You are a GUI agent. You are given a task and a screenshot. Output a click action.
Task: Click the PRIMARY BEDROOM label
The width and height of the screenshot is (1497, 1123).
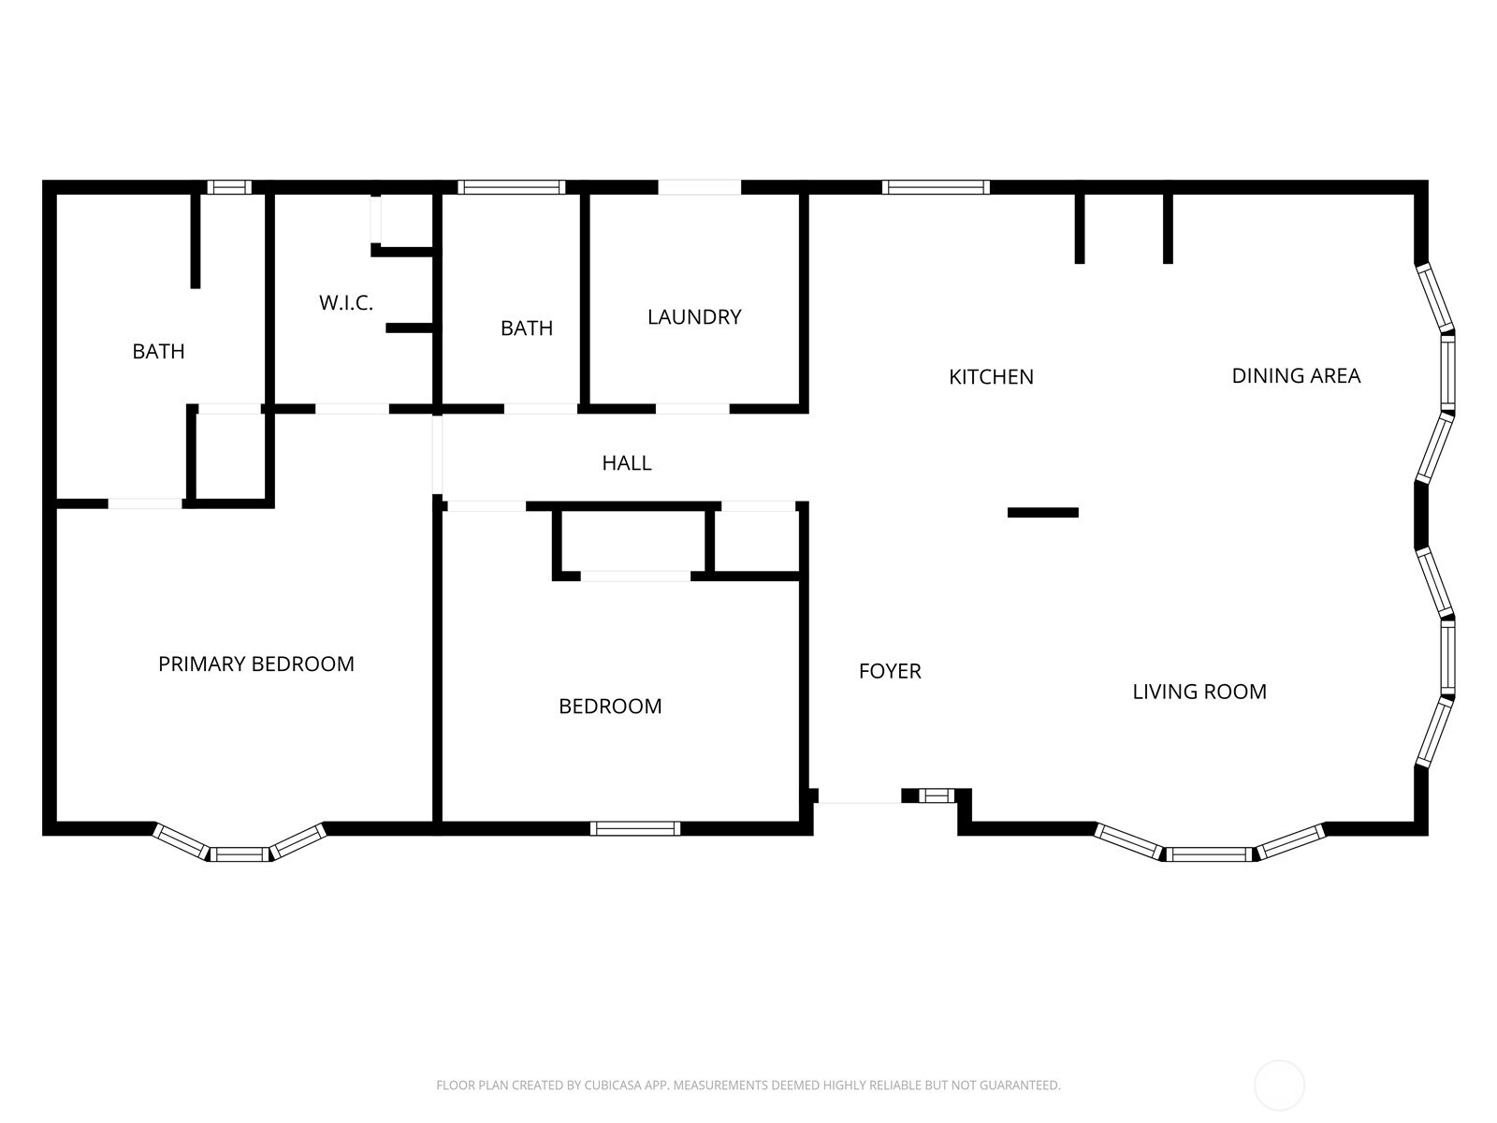click(255, 664)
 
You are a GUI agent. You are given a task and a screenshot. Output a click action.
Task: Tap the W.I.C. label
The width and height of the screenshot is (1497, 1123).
click(345, 302)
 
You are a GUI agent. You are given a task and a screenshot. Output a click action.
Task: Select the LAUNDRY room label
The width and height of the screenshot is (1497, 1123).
click(694, 316)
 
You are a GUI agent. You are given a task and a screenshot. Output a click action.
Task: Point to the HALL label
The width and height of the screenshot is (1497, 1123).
click(626, 462)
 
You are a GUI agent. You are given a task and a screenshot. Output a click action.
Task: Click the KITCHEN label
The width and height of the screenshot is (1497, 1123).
click(991, 376)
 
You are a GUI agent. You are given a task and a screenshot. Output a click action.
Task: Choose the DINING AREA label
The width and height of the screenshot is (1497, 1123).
click(1295, 375)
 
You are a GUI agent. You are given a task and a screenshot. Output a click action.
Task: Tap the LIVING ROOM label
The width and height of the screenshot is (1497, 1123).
click(1199, 692)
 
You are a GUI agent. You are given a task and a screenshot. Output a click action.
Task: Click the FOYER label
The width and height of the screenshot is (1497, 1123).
click(890, 671)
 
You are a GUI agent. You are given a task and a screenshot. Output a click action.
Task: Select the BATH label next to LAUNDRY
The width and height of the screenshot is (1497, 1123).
click(526, 328)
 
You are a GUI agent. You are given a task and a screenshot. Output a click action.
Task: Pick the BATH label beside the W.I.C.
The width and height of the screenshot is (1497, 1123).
click(158, 351)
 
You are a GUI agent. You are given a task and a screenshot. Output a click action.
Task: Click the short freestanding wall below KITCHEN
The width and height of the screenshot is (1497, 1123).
click(1042, 512)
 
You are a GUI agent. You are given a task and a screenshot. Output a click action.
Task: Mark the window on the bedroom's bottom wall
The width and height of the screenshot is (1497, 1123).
click(634, 828)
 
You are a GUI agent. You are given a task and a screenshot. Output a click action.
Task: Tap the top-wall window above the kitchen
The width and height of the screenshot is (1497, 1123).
click(935, 187)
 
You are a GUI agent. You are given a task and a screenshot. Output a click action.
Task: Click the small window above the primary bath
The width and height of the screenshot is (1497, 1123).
click(229, 187)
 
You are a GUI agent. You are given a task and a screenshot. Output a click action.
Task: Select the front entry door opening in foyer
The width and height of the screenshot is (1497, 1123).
click(859, 797)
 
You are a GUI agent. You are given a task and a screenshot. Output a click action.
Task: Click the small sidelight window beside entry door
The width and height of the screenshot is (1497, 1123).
click(936, 796)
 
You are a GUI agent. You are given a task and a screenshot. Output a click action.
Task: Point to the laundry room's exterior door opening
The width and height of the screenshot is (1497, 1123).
click(699, 187)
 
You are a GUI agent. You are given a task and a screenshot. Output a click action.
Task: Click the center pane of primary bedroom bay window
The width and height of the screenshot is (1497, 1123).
click(239, 853)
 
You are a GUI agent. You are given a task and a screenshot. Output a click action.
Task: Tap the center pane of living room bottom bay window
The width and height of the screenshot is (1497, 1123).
click(1208, 853)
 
